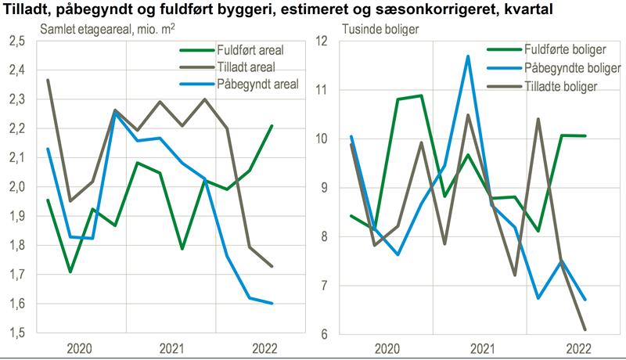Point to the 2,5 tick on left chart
16,41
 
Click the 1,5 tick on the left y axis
16,333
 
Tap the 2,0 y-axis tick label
16,187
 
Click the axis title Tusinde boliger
380,30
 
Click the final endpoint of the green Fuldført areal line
272,125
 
